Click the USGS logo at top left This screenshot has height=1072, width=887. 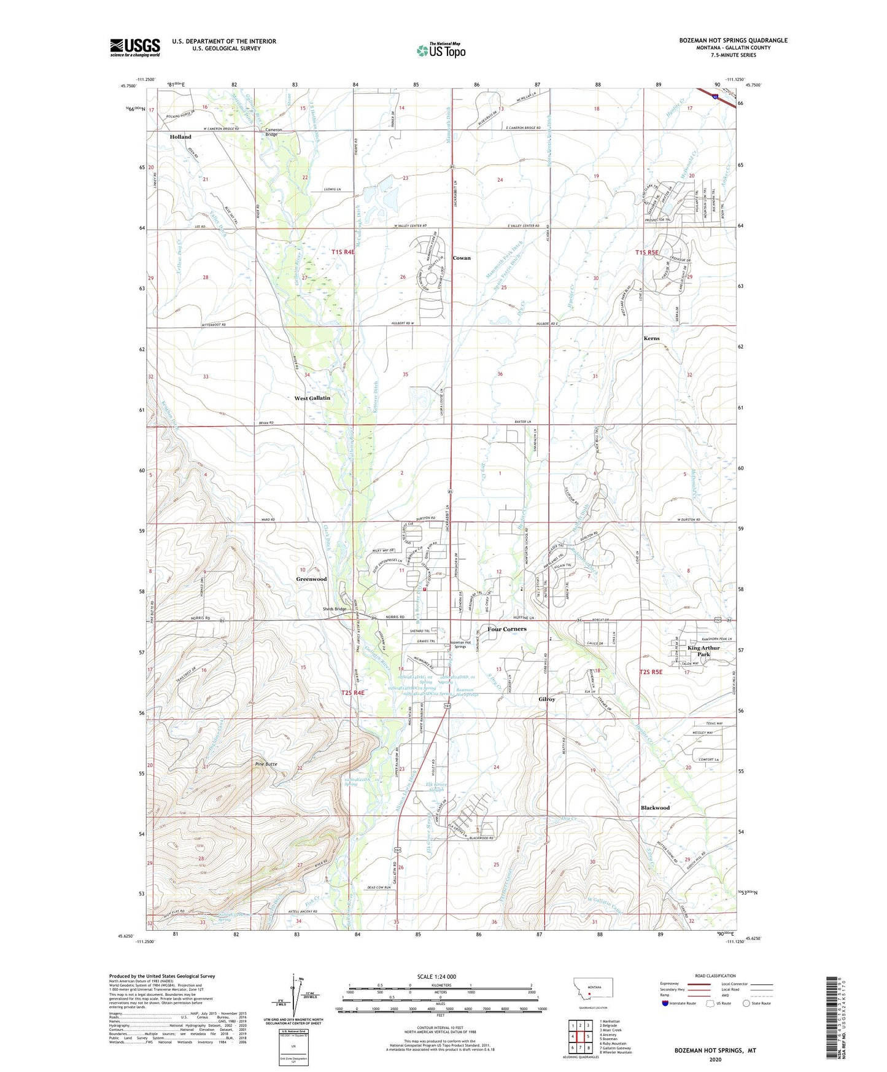(x=135, y=47)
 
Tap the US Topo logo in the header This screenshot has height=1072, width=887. (x=441, y=50)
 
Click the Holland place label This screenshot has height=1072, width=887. (x=180, y=137)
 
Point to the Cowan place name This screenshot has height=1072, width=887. (x=462, y=258)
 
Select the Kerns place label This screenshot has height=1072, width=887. (x=651, y=338)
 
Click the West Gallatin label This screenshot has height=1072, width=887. (x=312, y=398)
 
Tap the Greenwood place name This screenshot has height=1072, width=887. (x=311, y=579)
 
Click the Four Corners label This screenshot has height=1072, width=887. (x=507, y=629)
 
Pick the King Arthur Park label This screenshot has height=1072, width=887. (x=703, y=651)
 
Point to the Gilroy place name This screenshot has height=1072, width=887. (x=547, y=699)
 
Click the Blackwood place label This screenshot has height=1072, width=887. (x=655, y=807)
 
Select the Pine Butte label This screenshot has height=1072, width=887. (x=266, y=764)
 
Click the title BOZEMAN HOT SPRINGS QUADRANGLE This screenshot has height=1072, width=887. (x=733, y=41)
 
